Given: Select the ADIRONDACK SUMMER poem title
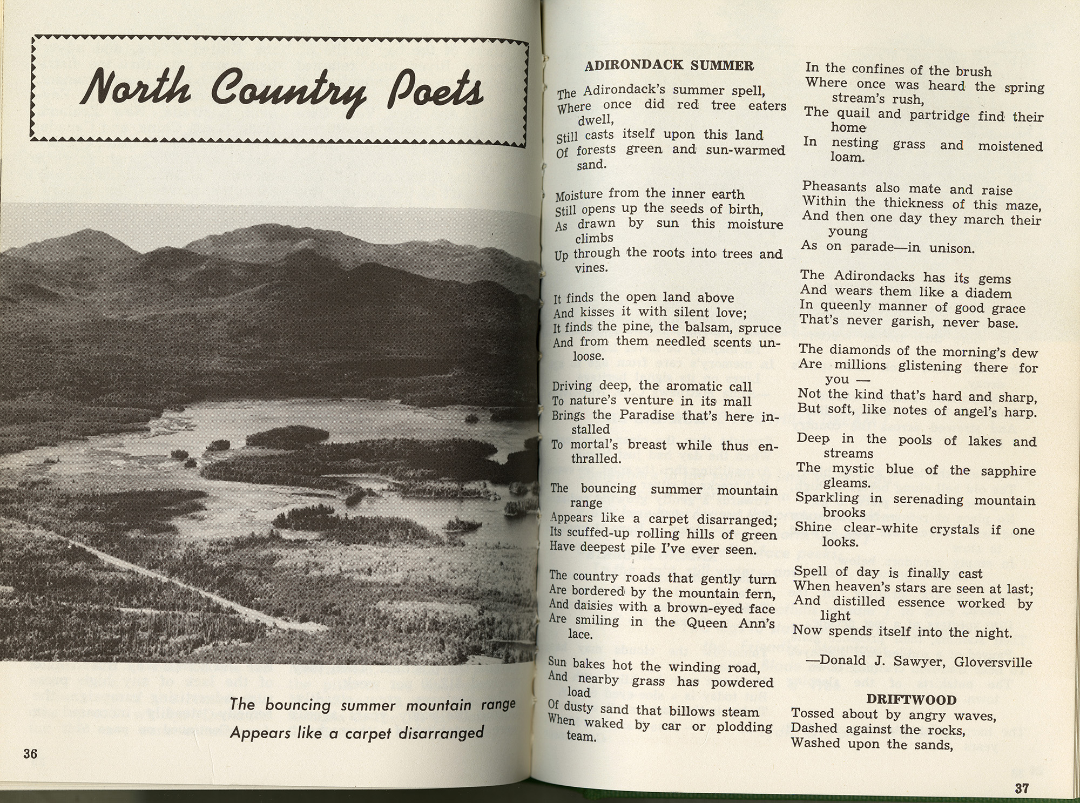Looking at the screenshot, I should (669, 66).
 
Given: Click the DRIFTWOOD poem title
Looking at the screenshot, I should (913, 700).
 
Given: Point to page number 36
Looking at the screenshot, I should (30, 754).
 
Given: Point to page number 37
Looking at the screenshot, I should (1021, 788).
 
